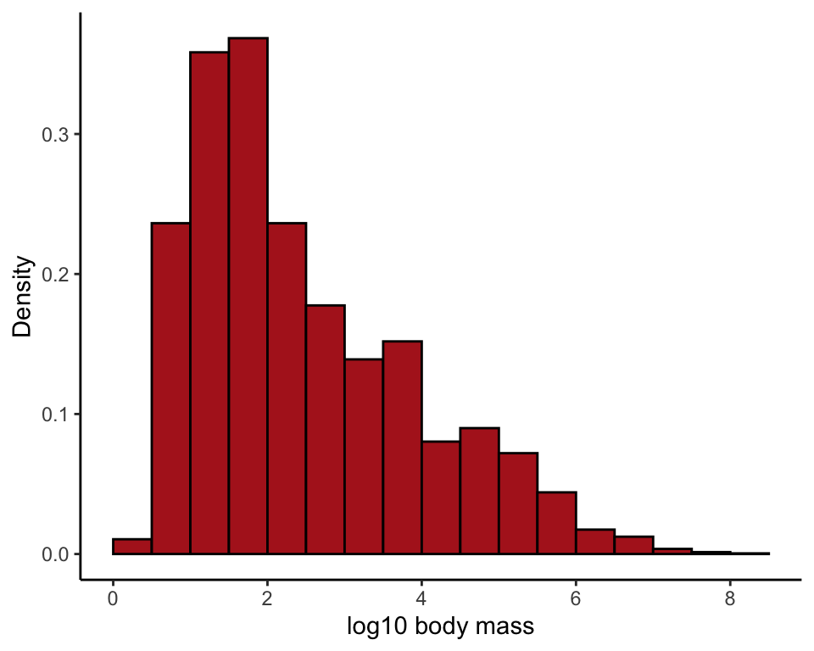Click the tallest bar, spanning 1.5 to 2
pyautogui.click(x=248, y=296)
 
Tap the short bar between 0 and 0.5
pyautogui.click(x=132, y=547)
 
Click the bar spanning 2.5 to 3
pyautogui.click(x=325, y=429)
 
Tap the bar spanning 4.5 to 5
pyautogui.click(x=479, y=491)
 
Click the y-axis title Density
pyautogui.click(x=23, y=297)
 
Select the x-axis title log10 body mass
pyautogui.click(x=440, y=627)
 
